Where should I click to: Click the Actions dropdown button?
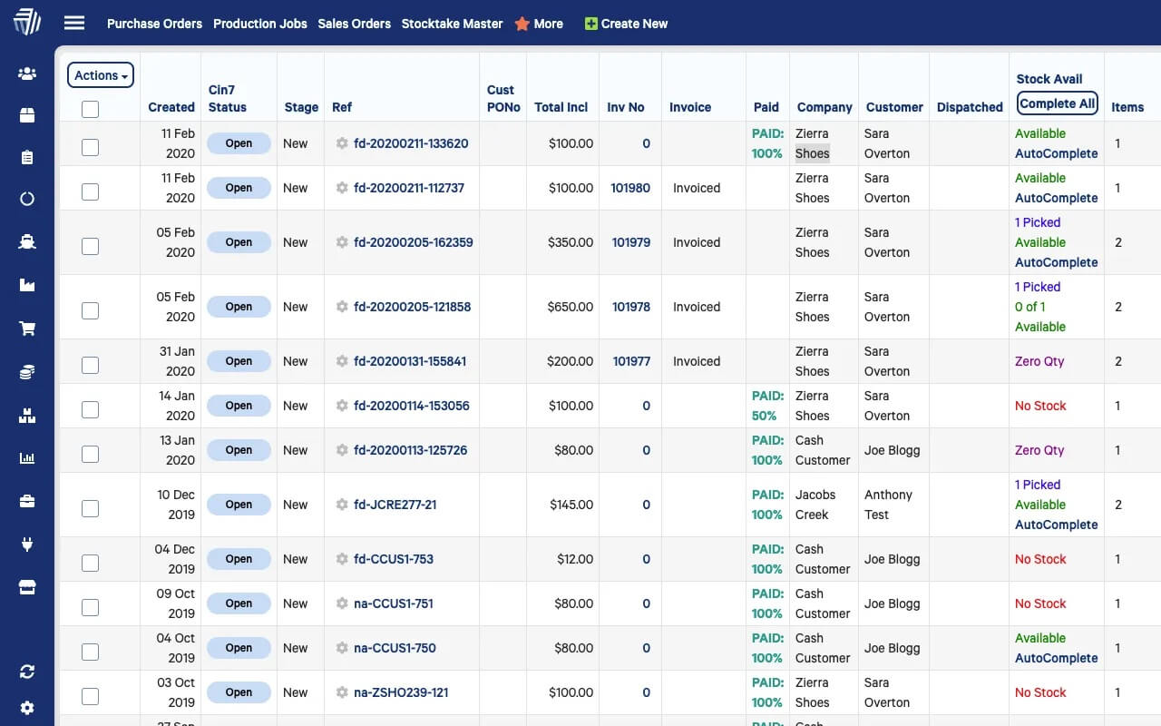[101, 75]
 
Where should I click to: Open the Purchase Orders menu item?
[154, 24]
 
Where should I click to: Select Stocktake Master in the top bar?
[452, 24]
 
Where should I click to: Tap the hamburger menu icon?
[74, 24]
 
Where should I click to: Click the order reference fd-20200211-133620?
[411, 143]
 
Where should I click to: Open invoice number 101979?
[631, 242]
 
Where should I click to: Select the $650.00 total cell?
[571, 307]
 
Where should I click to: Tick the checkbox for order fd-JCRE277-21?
[90, 508]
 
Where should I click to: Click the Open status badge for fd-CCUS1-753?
[239, 559]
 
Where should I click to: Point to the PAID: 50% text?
[767, 406]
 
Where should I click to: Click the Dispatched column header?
[970, 107]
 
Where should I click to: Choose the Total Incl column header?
[561, 107]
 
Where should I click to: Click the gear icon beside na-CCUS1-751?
[342, 603]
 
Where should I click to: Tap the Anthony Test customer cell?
[889, 505]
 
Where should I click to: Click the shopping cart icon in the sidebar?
[27, 329]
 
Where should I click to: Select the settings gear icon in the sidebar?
[27, 708]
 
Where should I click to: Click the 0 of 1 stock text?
[1029, 307]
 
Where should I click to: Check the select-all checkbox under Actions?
[90, 109]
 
